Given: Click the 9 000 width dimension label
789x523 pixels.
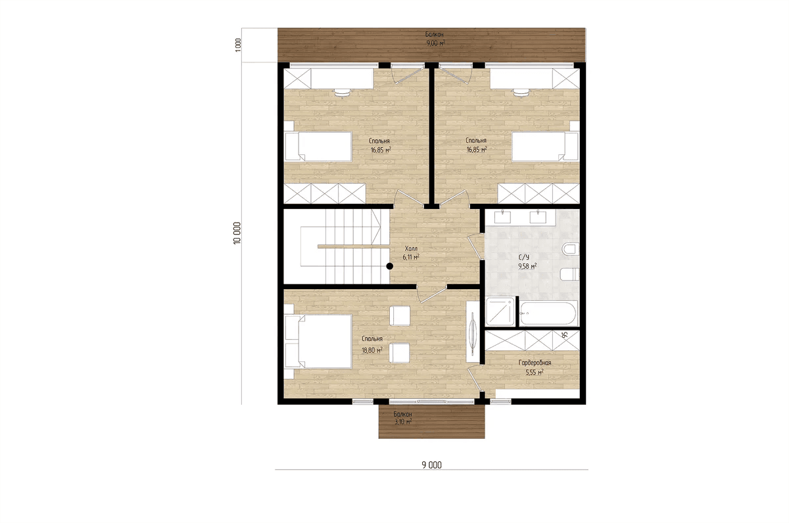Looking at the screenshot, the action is (x=431, y=465).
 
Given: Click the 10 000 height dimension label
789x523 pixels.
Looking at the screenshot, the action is (x=237, y=233).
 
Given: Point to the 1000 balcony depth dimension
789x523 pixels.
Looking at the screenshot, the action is (x=238, y=45).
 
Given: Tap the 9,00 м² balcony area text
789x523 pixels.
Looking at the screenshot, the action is (x=435, y=43).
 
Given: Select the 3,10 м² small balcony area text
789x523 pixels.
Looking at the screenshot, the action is (x=403, y=422).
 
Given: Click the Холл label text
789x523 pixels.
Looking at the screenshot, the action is (x=411, y=248).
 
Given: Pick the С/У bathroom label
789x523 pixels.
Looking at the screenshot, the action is (x=523, y=258).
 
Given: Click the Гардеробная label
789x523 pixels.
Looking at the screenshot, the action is (x=535, y=363).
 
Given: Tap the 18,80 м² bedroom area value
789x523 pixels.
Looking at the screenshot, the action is (x=372, y=350).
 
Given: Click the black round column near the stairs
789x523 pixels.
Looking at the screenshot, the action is (x=389, y=266).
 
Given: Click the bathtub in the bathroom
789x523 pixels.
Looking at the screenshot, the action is (x=548, y=313).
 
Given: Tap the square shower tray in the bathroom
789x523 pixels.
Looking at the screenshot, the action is (x=500, y=311).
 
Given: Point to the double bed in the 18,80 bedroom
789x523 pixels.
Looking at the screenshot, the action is (x=318, y=342).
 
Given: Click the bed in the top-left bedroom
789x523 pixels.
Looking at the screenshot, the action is (x=318, y=147).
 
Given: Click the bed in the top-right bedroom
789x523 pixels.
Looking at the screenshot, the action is (x=545, y=147).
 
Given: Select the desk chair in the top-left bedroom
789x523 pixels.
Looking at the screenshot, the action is (x=95, y=92).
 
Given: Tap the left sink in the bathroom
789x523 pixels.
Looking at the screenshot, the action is (x=502, y=217).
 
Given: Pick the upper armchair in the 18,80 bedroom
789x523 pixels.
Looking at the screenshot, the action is (x=400, y=315).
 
